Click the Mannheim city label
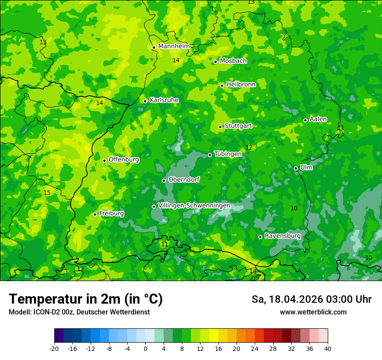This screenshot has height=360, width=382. click(x=174, y=46)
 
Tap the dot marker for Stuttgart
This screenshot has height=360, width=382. click(x=221, y=127)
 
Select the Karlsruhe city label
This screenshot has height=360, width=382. click(x=164, y=100)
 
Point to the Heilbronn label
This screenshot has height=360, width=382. click(x=241, y=85)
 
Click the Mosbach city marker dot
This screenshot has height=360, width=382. click(x=215, y=62)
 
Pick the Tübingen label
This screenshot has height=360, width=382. click(x=228, y=154)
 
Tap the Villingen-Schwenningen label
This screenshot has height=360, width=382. click(x=194, y=206)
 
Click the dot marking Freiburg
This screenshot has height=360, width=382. click(x=95, y=214)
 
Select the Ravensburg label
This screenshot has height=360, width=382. click(x=283, y=236)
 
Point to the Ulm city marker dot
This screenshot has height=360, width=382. click(x=296, y=168)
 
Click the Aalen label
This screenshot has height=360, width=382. click(x=318, y=119)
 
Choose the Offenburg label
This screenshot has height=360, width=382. click(x=124, y=160)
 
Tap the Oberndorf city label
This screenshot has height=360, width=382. click(x=184, y=180)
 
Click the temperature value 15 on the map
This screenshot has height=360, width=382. click(x=47, y=193)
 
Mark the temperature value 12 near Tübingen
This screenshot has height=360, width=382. click(x=249, y=148)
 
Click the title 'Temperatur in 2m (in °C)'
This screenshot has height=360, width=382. click(x=86, y=299)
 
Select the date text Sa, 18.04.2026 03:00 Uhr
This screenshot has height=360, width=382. click(x=311, y=299)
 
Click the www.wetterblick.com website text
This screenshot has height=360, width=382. click(x=313, y=312)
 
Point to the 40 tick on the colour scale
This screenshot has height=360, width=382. click(x=327, y=349)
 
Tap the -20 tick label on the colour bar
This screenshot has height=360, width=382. click(x=54, y=349)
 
